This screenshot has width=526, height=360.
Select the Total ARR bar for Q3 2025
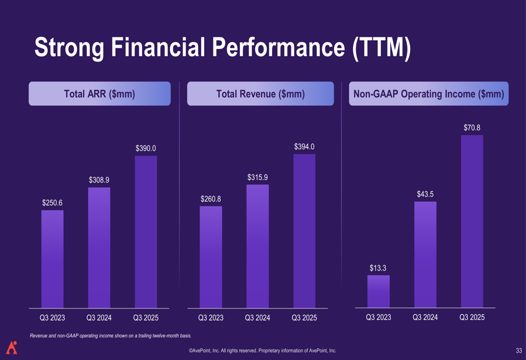(x=146, y=232)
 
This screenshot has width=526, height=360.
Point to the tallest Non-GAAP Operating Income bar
(x=472, y=221)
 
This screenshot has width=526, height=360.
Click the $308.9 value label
(x=99, y=180)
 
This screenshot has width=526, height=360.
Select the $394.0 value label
(x=304, y=147)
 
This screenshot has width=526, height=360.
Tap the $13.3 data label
(x=378, y=268)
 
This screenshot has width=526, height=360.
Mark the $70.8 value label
(x=472, y=128)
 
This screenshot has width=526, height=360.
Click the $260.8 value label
(x=211, y=199)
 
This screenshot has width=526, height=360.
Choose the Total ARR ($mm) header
(x=99, y=94)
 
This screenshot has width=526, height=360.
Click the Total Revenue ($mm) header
(x=260, y=94)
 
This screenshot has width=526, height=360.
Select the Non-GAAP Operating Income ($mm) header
(x=429, y=94)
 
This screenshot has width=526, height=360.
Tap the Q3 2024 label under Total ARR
(x=99, y=318)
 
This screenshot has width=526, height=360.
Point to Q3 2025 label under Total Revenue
(x=304, y=318)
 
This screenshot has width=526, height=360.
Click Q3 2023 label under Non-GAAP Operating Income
(x=378, y=317)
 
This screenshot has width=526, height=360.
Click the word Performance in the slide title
(x=278, y=47)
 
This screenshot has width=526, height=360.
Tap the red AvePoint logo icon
(x=12, y=347)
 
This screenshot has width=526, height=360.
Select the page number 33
(x=519, y=351)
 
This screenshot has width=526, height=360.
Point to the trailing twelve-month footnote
(x=110, y=336)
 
